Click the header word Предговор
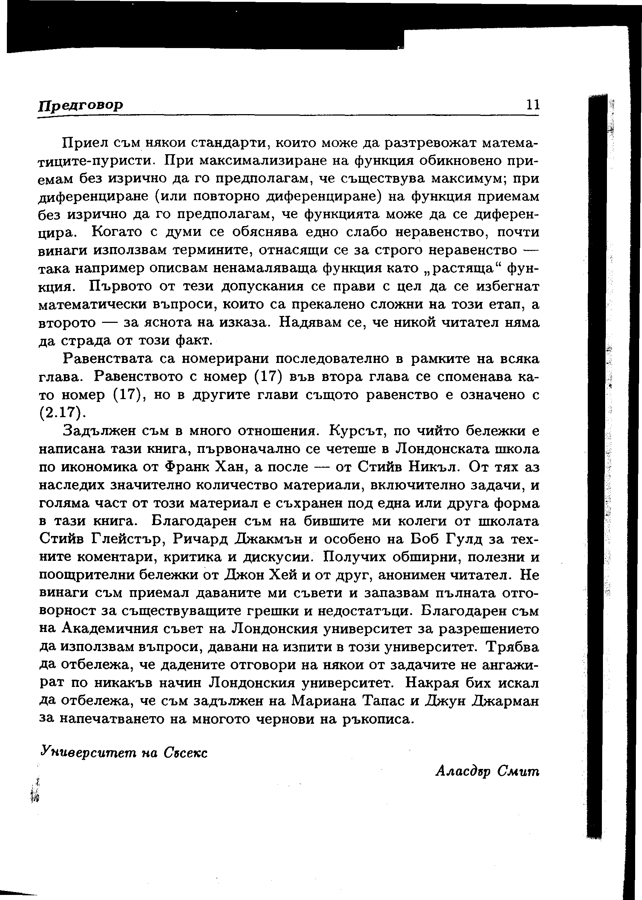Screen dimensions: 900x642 [x=81, y=105]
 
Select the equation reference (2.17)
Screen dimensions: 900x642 [x=63, y=412]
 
